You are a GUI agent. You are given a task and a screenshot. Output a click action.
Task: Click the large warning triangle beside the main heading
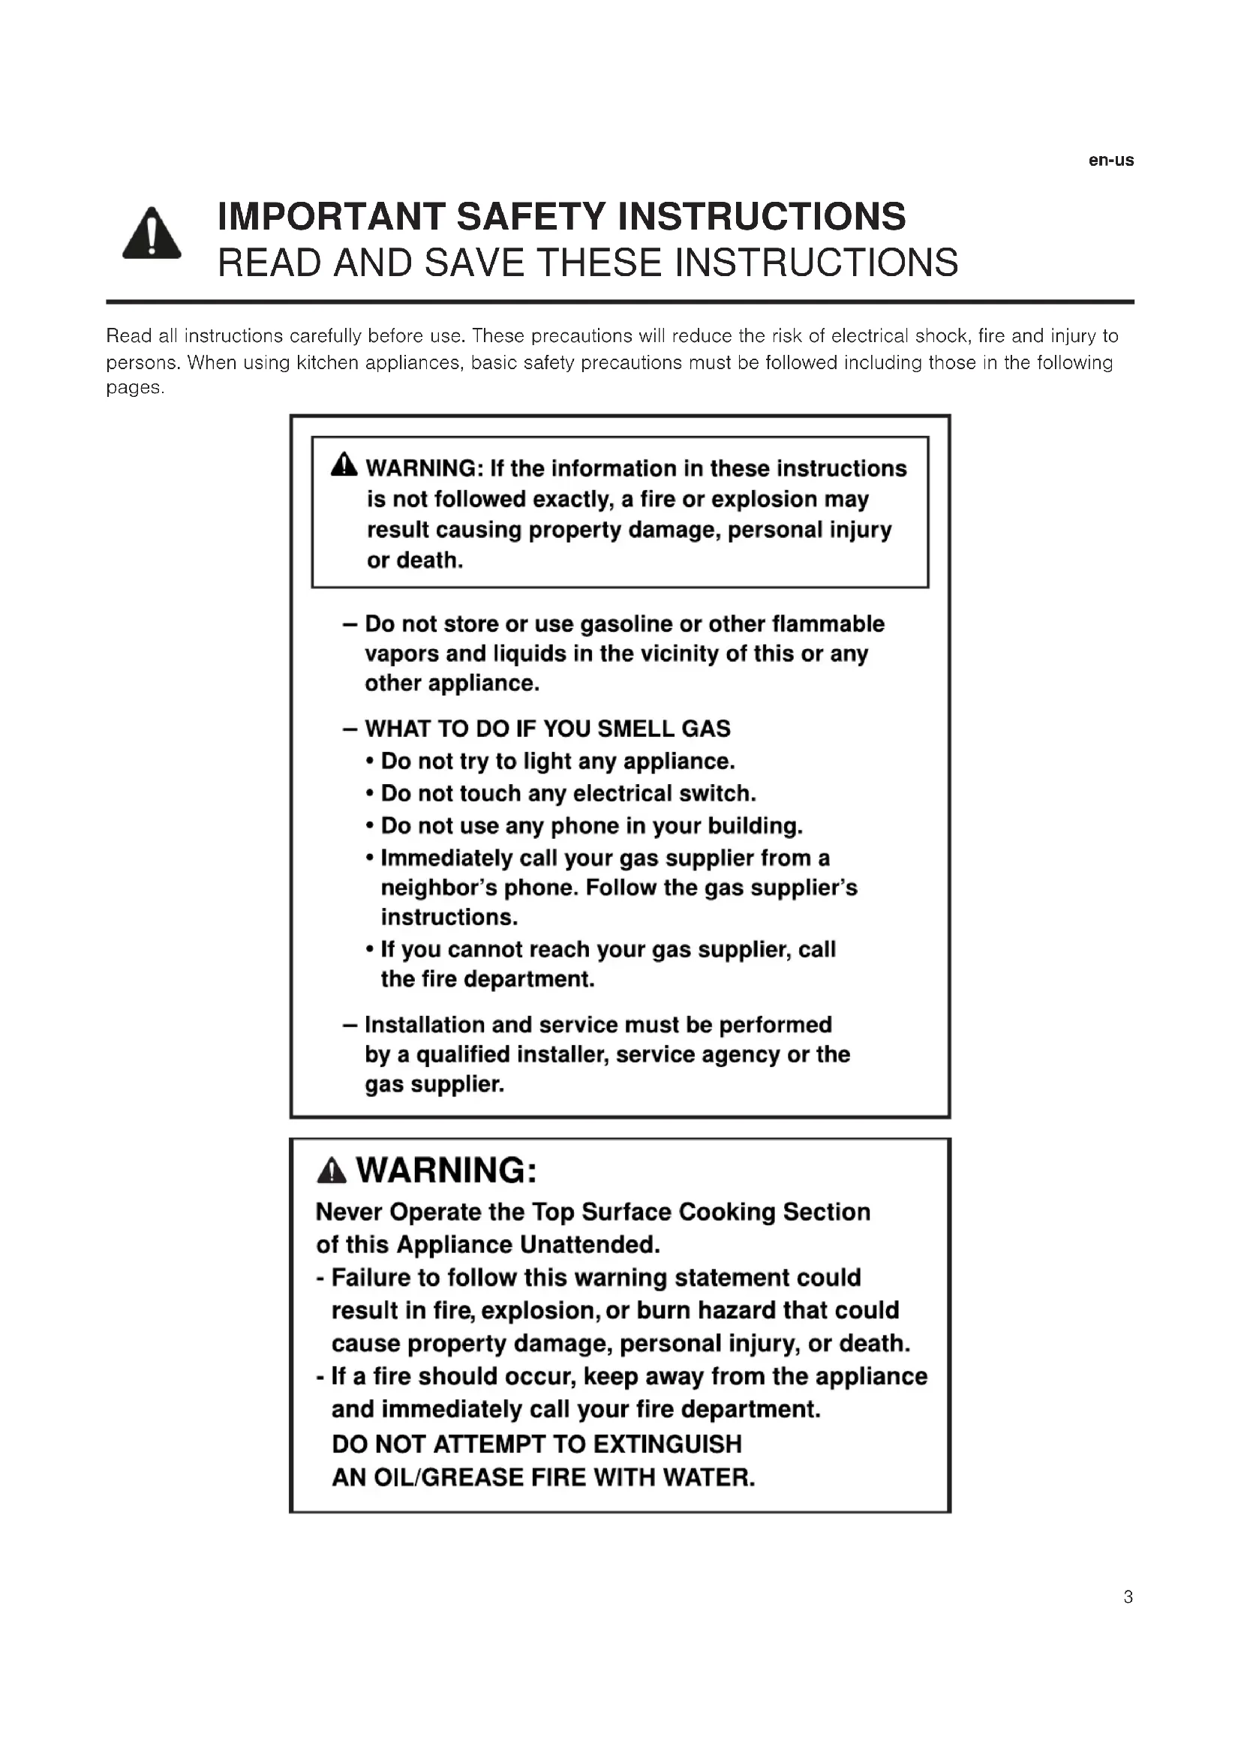(x=152, y=235)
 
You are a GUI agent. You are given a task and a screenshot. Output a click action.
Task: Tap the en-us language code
(x=1111, y=161)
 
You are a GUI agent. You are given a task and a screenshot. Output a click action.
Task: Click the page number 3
(x=1128, y=1597)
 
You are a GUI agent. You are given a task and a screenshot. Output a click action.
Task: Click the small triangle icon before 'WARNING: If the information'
(x=344, y=464)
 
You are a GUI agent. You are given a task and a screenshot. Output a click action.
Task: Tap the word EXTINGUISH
(x=667, y=1444)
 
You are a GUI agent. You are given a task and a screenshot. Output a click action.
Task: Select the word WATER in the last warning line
(x=708, y=1477)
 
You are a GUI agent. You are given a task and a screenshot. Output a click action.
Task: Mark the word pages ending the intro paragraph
(x=134, y=389)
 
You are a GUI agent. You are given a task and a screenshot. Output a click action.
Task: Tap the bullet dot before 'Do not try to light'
(x=370, y=762)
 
